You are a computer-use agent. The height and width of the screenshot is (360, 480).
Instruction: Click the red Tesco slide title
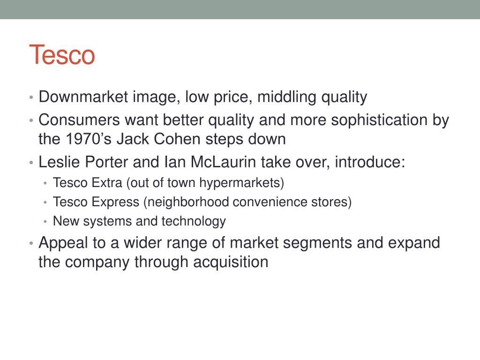62,55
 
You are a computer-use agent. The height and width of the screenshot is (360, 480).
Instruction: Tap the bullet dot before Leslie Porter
30,163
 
